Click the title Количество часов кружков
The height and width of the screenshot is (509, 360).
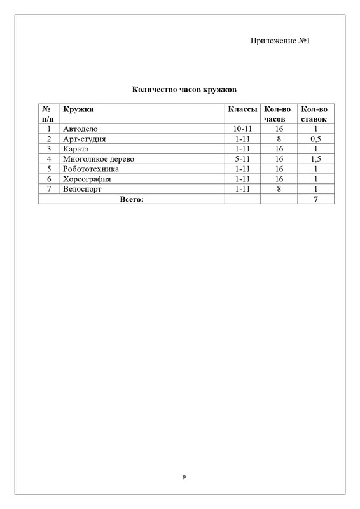179,90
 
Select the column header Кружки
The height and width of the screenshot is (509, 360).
74,109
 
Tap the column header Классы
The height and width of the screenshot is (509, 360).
242,109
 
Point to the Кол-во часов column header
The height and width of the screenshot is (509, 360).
277,114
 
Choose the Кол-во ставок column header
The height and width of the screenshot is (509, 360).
314,114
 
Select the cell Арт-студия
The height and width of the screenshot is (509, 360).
84,139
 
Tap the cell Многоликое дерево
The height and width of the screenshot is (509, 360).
99,159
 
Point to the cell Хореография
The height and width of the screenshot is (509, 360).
87,179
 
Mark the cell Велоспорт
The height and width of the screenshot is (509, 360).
83,189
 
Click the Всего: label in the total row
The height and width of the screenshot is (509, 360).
132,199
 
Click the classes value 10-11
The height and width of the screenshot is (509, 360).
242,129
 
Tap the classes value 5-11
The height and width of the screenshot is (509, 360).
242,159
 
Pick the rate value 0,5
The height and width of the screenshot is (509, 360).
314,139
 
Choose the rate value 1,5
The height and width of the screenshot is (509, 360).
314,159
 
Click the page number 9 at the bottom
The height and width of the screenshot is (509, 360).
183,477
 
